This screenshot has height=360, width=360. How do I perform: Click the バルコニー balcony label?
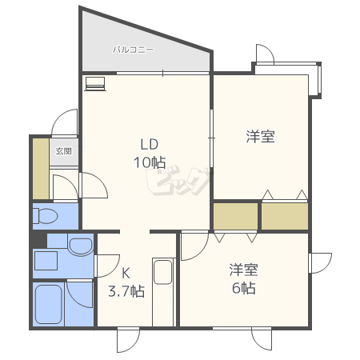pos(133,50)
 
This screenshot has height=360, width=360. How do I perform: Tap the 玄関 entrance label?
pos(64,151)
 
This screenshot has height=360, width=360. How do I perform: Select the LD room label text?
pos(150,144)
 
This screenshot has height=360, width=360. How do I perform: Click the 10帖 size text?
pos(150,162)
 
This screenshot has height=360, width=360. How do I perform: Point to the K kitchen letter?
pos(126,273)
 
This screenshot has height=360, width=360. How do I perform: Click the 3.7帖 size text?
pos(126,291)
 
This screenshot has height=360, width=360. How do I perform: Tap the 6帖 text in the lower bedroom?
pos(244,288)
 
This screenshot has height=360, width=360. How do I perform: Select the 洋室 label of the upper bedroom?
pos(260,137)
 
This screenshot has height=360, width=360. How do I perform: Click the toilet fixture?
pos(45,215)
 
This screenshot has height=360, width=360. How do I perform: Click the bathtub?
pos(49,304)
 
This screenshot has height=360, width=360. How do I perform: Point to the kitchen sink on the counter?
pos(162,272)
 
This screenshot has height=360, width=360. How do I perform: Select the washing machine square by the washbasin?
pos(46,261)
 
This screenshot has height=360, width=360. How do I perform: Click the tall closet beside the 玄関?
pos(41,169)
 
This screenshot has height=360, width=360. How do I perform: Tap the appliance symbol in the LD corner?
pos(95,84)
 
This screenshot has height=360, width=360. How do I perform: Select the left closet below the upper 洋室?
pos(236,216)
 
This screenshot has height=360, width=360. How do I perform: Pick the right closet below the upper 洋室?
pos(285,216)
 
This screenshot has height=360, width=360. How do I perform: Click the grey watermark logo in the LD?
pos(178,182)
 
